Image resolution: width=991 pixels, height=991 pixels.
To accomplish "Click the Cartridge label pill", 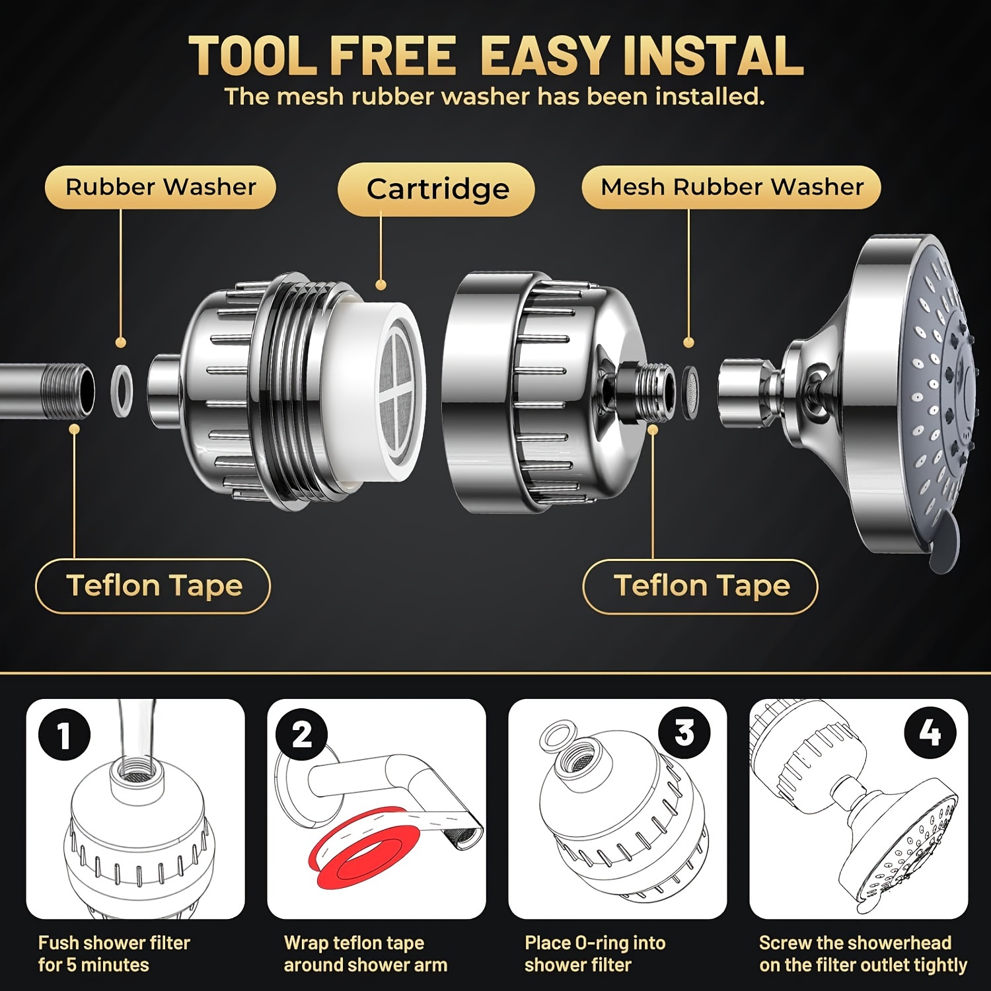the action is click(436, 189).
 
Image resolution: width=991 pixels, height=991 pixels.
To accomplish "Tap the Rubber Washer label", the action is click(160, 187).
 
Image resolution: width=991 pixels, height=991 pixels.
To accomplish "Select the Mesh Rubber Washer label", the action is click(731, 187).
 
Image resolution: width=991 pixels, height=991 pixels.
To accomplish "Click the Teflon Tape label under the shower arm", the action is click(153, 586).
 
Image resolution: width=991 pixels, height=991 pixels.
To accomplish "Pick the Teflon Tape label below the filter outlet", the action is click(701, 586).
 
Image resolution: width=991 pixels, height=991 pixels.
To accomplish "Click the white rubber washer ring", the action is click(113, 390).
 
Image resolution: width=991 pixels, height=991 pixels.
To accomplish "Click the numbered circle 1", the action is click(64, 734).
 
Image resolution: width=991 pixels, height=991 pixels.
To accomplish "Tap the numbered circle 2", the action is click(302, 734).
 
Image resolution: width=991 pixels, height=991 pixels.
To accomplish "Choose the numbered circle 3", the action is click(684, 733).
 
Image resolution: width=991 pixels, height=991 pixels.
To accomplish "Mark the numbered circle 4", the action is click(930, 733).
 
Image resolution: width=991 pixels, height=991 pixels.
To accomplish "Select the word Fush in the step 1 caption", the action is click(59, 943).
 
